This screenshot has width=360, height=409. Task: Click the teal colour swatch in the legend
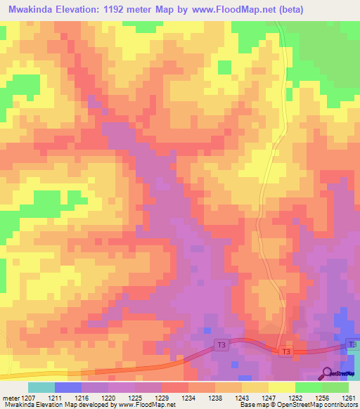click(x=41, y=387)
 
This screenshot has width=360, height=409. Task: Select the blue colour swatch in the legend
click(x=67, y=387)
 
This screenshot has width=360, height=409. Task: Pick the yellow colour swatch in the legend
click(x=281, y=387)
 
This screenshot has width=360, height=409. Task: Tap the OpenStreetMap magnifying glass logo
click(x=327, y=374)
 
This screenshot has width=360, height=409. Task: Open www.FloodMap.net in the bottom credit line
click(x=145, y=405)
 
